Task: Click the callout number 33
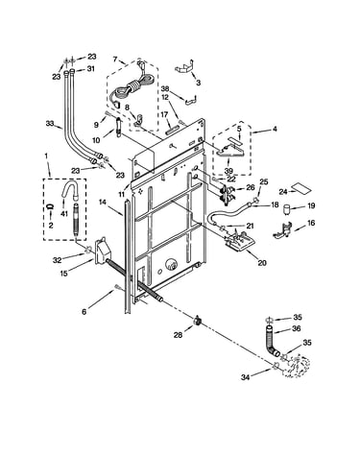50,123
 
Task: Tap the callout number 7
115,59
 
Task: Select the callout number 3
199,83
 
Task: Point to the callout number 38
165,88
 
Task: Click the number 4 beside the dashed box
275,129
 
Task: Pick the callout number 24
283,192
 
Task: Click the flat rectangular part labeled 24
301,188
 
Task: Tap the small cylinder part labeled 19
287,210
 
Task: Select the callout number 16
311,223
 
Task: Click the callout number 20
262,263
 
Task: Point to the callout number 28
178,335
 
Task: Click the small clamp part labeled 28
198,320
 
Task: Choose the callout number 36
297,328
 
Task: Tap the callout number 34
245,377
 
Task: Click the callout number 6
84,312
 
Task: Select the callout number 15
64,274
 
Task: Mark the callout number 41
64,213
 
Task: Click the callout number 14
103,202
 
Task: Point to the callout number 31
91,68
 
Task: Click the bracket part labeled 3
184,67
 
